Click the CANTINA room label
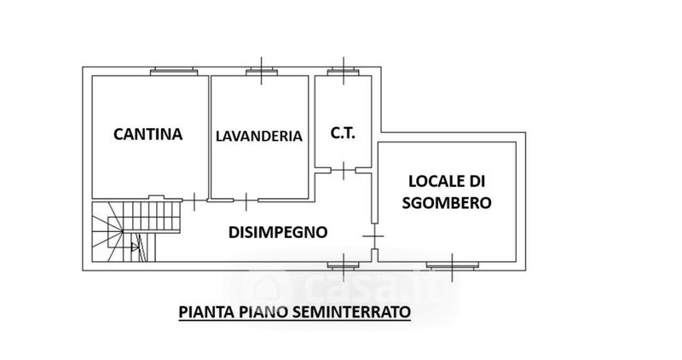pos(148,133)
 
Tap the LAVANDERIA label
pos(259,136)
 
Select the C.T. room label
pos(343,134)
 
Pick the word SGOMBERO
pos(448,203)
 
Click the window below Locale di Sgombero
pos(452,263)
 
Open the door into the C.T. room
pos(343,171)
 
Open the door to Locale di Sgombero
pos(374,234)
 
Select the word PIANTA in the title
pos(202,311)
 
